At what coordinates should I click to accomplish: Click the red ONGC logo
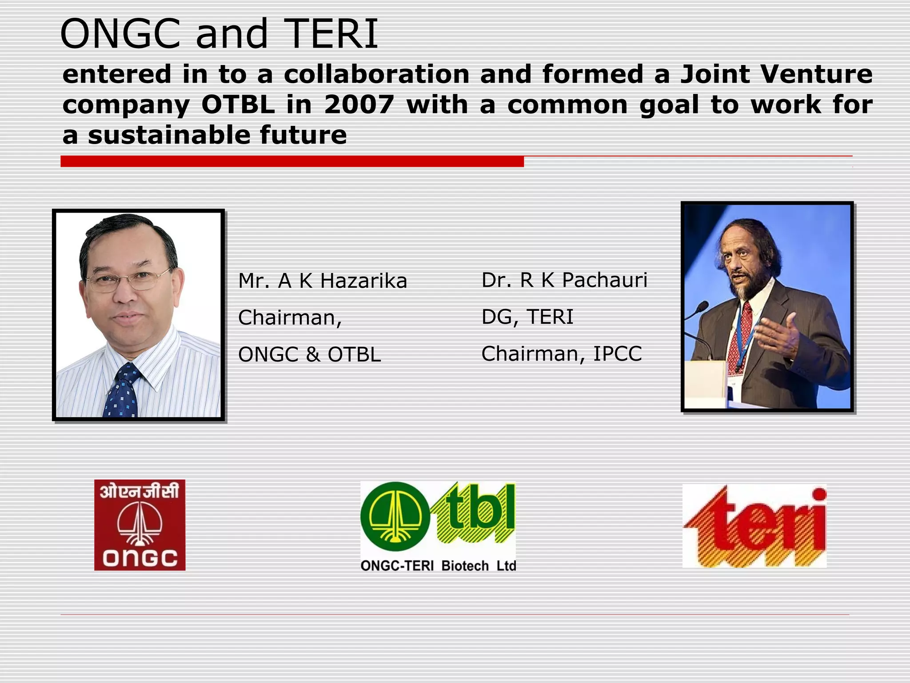(140, 525)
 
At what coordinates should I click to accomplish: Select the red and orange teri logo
(754, 526)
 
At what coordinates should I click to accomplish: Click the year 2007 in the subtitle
(359, 105)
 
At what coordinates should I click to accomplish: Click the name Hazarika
(363, 281)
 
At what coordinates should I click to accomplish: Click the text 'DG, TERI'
(527, 317)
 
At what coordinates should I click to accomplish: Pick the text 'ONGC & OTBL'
(309, 355)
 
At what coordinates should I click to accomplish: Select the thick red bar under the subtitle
(292, 161)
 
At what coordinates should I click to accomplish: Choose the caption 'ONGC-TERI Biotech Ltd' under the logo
(438, 566)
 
